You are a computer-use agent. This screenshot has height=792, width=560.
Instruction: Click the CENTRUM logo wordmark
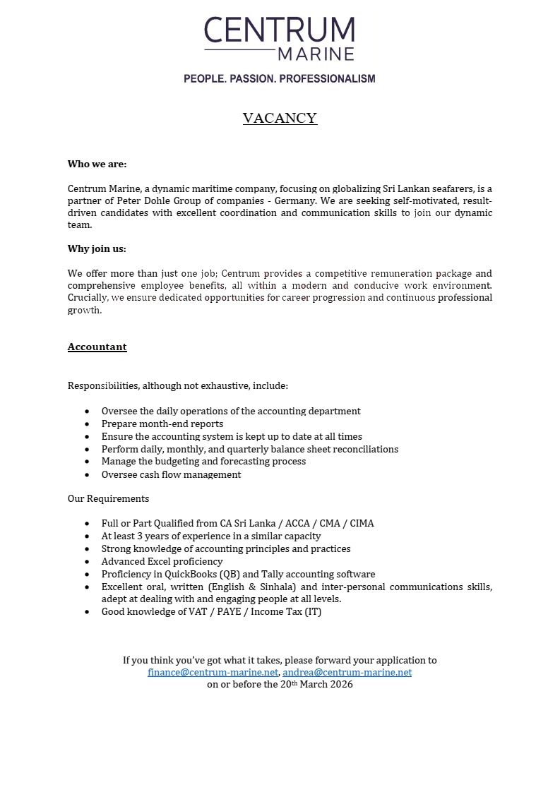(280, 30)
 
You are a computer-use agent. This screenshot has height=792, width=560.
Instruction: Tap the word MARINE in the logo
(315, 54)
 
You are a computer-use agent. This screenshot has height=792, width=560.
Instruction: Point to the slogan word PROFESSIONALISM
(327, 78)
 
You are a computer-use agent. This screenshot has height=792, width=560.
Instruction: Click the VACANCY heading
(280, 118)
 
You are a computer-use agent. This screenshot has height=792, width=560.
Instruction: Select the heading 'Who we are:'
(97, 164)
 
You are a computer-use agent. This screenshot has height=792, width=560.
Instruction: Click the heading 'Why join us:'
(97, 248)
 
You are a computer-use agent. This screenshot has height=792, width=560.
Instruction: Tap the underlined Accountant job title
(97, 347)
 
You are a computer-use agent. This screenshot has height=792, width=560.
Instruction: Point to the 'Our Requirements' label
(108, 498)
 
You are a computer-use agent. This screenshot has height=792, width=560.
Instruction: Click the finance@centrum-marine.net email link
(213, 672)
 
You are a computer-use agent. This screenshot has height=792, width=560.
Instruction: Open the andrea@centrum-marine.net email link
(347, 672)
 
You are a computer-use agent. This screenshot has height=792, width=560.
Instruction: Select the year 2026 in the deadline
(340, 684)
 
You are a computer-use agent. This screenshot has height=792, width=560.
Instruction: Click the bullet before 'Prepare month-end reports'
(87, 424)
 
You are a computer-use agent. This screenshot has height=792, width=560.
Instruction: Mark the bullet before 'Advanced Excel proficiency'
(87, 562)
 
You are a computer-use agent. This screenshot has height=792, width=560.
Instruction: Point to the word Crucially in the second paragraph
(88, 298)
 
